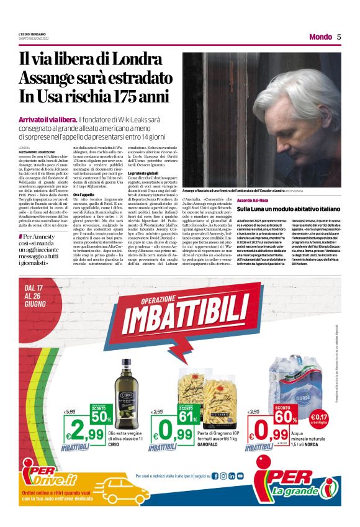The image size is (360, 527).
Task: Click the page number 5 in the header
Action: pyautogui.click(x=339, y=37)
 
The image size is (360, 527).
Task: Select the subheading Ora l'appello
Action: pyautogui.click(x=84, y=194)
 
